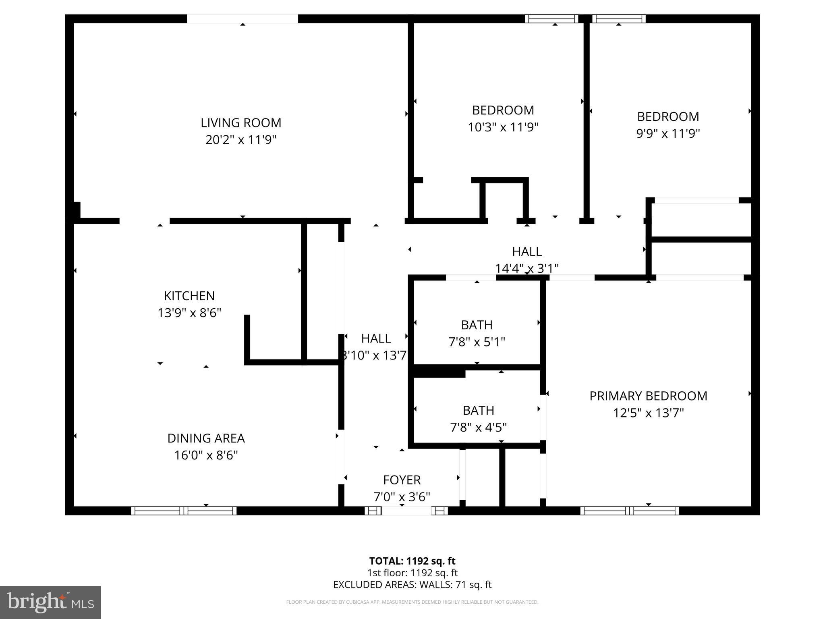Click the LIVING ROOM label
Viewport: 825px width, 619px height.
[x=241, y=123]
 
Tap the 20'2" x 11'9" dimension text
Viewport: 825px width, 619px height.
[x=241, y=140]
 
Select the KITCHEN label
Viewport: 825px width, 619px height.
[x=189, y=296]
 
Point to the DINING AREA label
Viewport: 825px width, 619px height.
[x=206, y=438]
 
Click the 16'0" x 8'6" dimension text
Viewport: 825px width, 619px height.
[x=206, y=455]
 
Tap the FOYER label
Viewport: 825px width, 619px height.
[x=402, y=480]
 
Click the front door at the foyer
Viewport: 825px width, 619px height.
[x=406, y=511]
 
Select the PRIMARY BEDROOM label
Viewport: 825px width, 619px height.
[x=648, y=396]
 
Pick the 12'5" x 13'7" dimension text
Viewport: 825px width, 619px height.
[x=648, y=413]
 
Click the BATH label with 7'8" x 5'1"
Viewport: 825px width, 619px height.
[x=477, y=325]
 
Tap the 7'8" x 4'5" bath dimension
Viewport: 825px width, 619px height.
[x=478, y=427]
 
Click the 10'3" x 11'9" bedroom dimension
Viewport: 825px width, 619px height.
[x=503, y=127]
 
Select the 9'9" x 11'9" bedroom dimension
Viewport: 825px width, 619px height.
[x=668, y=133]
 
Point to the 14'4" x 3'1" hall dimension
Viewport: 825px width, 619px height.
[x=527, y=268]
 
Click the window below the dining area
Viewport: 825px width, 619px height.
[x=184, y=511]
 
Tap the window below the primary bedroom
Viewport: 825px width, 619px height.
[x=629, y=511]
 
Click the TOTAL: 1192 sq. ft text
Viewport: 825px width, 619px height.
[x=412, y=561]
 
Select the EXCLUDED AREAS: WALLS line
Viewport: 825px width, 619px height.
[x=412, y=585]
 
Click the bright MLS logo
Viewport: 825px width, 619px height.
[x=50, y=602]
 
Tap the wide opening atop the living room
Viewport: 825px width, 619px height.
[x=243, y=19]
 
